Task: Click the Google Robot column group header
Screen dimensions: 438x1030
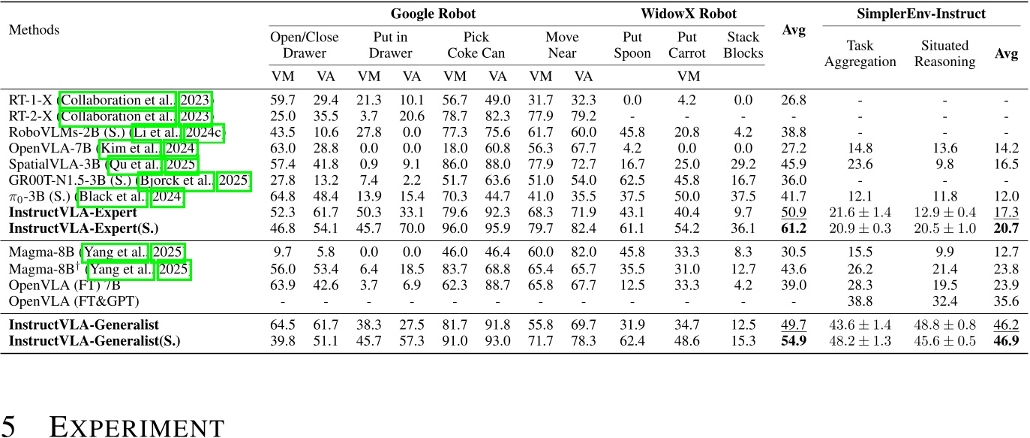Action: [x=433, y=14]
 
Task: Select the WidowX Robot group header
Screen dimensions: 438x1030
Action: [x=688, y=14]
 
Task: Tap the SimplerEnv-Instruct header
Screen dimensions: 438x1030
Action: [x=921, y=14]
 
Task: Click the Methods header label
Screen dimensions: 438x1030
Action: [x=34, y=30]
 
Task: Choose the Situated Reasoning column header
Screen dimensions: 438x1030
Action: [x=944, y=53]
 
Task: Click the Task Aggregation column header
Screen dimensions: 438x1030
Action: [x=860, y=53]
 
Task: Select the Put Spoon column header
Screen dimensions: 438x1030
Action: [x=632, y=45]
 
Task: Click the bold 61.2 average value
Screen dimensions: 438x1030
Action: [x=794, y=226]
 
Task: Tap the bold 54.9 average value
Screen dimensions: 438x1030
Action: [x=794, y=340]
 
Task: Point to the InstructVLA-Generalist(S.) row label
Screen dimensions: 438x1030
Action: [x=88, y=340]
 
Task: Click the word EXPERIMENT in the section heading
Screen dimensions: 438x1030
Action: [x=136, y=427]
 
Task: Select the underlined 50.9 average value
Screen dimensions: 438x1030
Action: [x=794, y=213]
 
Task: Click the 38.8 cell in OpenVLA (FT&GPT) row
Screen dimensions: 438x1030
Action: [x=860, y=301]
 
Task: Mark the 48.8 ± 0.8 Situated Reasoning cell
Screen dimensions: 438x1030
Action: [x=944, y=325]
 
